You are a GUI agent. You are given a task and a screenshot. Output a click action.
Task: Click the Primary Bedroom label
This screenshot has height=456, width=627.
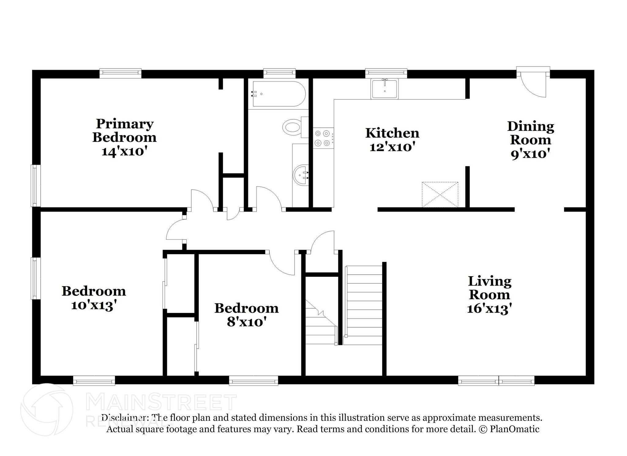click(x=124, y=131)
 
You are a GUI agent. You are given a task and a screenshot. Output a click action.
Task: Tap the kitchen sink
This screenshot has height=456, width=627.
click(x=385, y=89)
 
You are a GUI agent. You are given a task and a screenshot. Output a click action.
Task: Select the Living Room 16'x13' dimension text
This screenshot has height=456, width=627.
click(x=489, y=308)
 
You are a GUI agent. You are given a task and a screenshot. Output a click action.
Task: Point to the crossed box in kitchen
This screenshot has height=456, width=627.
click(x=440, y=194)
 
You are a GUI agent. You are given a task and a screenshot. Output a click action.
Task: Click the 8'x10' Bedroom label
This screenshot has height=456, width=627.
click(x=246, y=308)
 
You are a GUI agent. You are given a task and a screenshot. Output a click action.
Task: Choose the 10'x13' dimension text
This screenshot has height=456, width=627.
click(x=94, y=305)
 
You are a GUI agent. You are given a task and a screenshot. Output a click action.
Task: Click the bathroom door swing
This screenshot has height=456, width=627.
click(x=268, y=198)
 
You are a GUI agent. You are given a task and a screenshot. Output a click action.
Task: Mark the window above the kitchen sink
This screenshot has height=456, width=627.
click(x=386, y=73)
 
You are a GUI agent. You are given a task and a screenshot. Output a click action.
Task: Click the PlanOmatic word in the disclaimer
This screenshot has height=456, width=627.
click(x=514, y=429)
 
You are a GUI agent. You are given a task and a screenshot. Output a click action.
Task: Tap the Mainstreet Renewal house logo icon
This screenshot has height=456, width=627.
click(x=47, y=409)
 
